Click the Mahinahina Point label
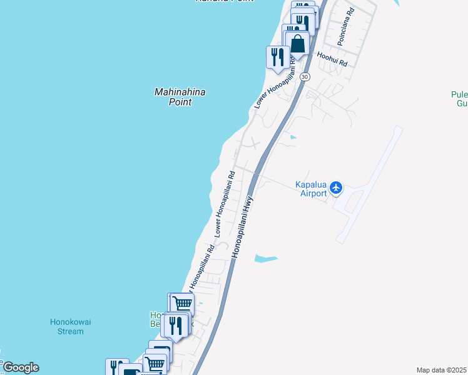pyautogui.click(x=180, y=97)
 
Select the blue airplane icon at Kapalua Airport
pyautogui.click(x=337, y=187)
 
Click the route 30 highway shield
pyautogui.click(x=304, y=76)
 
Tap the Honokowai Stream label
pyautogui.click(x=70, y=326)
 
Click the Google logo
pyautogui.click(x=20, y=367)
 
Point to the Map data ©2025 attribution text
pyautogui.click(x=442, y=370)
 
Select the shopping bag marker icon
pyautogui.click(x=298, y=44)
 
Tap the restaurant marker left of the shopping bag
pyautogui.click(x=277, y=57)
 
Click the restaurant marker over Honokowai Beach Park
pyautogui.click(x=176, y=325)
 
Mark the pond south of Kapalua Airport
pyautogui.click(x=265, y=257)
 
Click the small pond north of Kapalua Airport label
pyautogui.click(x=293, y=137)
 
